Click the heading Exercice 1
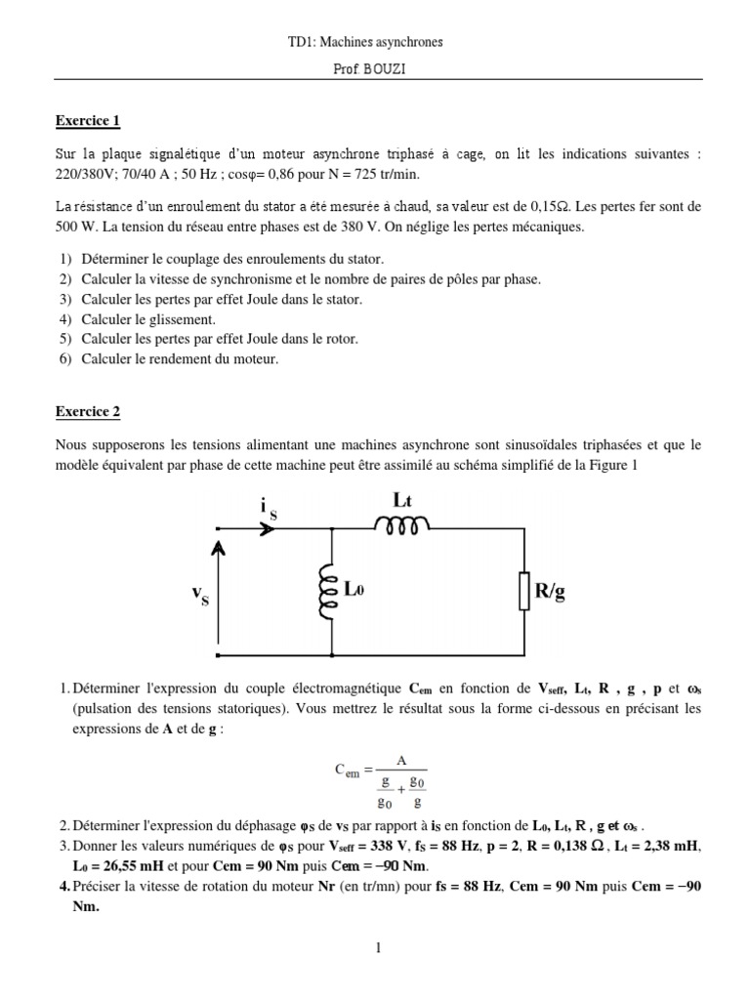87,121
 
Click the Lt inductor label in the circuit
403,500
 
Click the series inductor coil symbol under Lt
400,527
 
